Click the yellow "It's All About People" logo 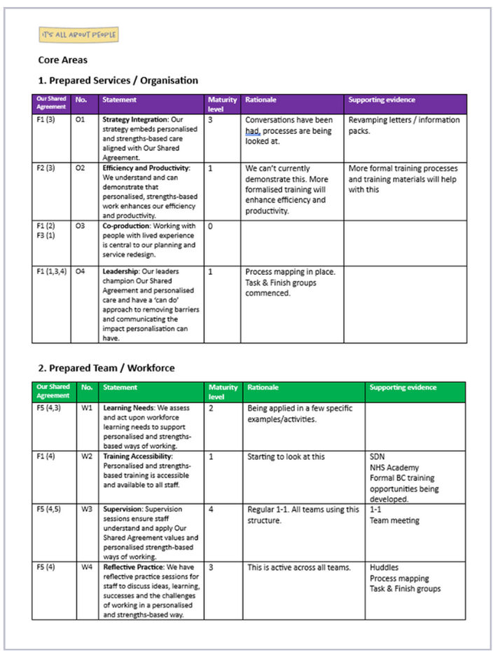(x=78, y=34)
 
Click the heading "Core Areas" (x=62, y=60)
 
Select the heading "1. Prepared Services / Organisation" (x=118, y=81)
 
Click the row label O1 (x=80, y=120)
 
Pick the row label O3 (x=80, y=226)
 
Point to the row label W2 (x=87, y=456)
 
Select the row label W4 (x=87, y=567)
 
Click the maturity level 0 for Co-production (x=211, y=226)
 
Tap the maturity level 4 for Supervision (x=211, y=510)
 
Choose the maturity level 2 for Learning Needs (x=211, y=407)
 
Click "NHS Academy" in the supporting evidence (x=394, y=468)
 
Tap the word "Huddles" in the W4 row (x=385, y=567)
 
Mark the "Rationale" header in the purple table (x=259, y=100)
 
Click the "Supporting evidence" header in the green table (x=403, y=387)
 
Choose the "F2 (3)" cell (x=46, y=168)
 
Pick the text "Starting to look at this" (x=286, y=456)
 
